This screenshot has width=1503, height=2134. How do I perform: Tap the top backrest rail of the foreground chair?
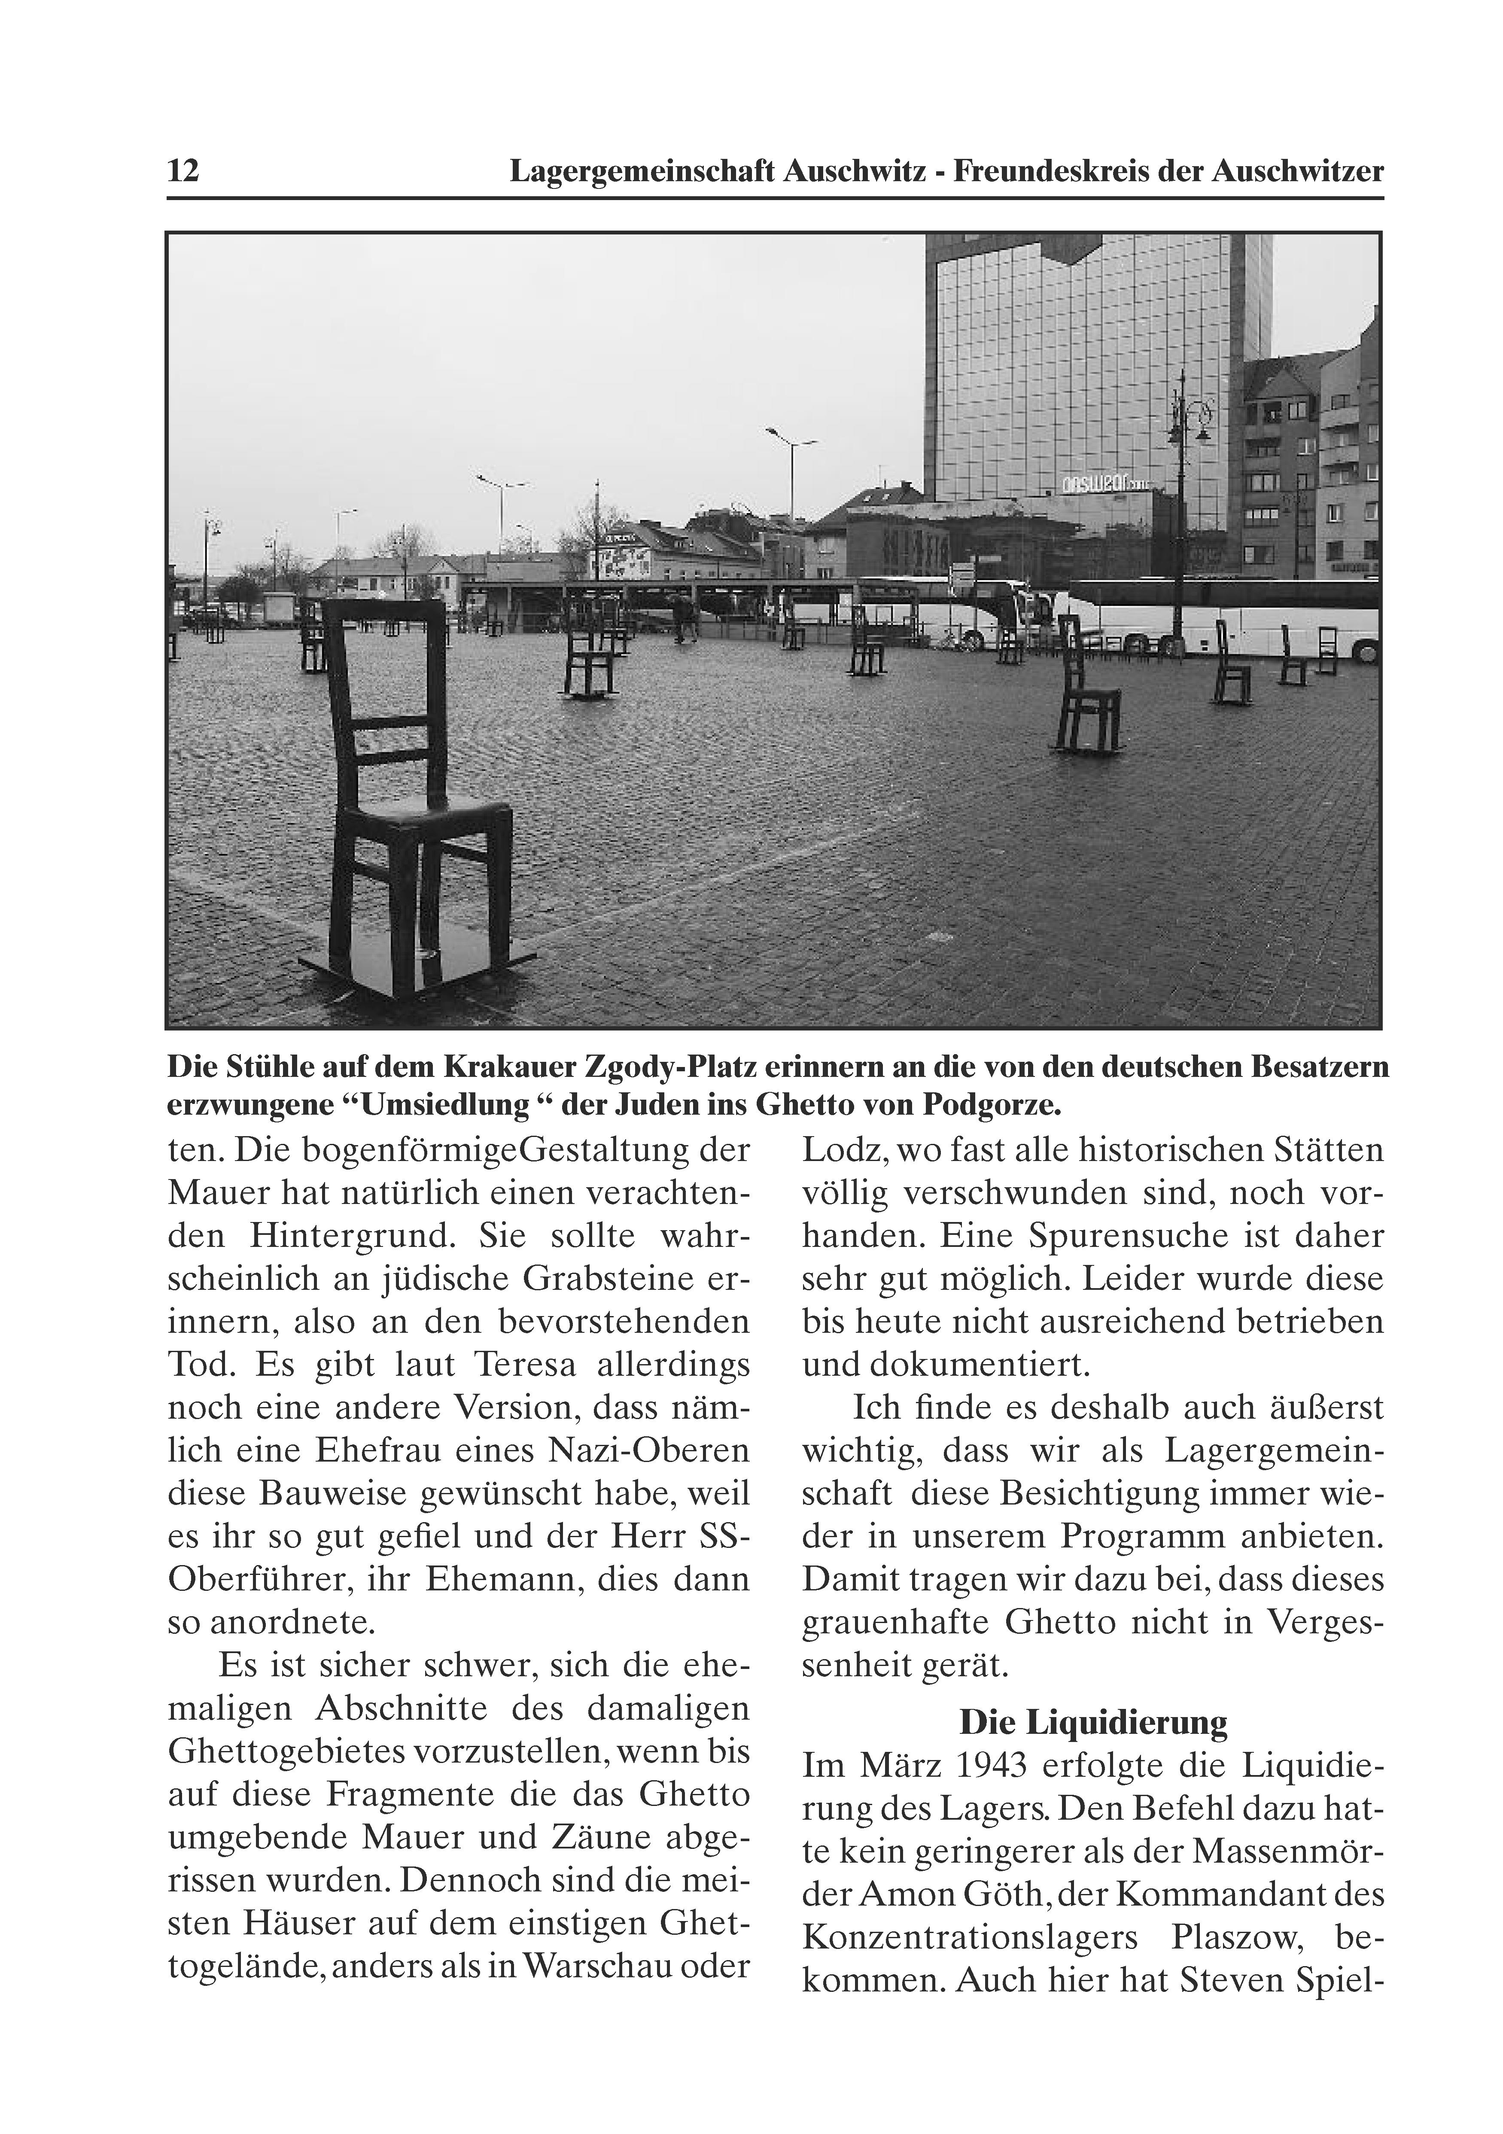(383, 611)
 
